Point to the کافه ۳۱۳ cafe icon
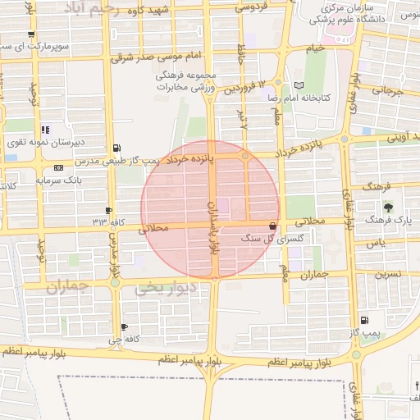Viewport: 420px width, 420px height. pos(110,211)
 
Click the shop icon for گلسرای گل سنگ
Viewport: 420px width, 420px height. pos(272,226)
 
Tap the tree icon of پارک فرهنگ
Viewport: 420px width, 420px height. pos(387,207)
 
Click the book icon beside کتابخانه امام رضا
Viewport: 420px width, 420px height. pos(299,85)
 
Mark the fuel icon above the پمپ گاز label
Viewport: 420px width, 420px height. pos(364,321)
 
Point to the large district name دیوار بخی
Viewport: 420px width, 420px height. pos(167,289)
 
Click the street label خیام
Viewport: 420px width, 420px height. pos(316,48)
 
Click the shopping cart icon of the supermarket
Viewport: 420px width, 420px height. pos(31,34)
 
